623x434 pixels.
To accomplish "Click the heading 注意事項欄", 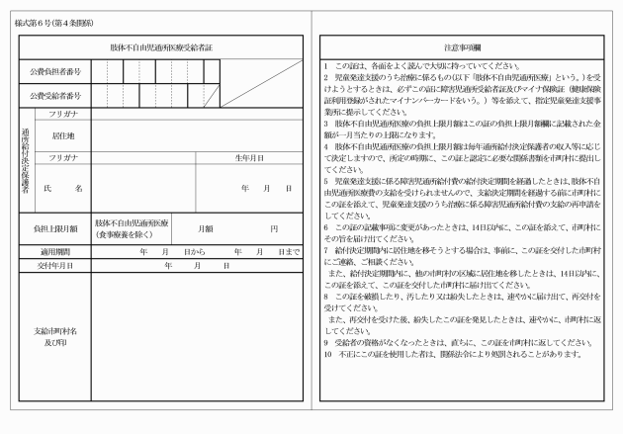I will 462,46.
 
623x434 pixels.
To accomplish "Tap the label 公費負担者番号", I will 54,72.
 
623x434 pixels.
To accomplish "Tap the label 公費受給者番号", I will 54,97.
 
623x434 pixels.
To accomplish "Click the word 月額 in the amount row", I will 206,229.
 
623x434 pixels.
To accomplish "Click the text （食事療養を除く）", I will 121,235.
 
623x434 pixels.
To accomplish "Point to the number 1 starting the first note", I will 326,64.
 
